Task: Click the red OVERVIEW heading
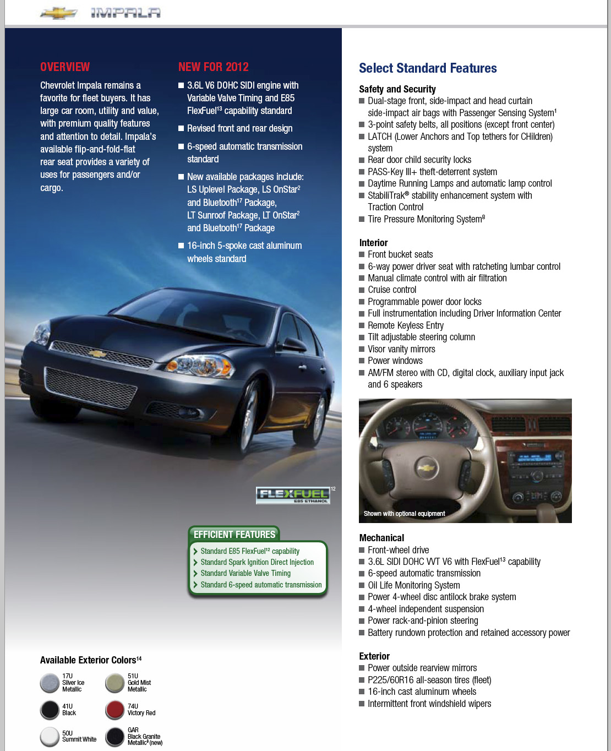pyautogui.click(x=65, y=67)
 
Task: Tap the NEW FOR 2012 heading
pyautogui.click(x=213, y=67)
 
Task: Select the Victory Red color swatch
pyautogui.click(x=115, y=710)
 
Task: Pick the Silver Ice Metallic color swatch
pyautogui.click(x=50, y=683)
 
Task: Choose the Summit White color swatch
pyautogui.click(x=50, y=736)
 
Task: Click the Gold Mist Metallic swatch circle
pyautogui.click(x=115, y=683)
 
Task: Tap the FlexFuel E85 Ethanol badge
pyautogui.click(x=293, y=495)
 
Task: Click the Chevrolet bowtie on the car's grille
pyautogui.click(x=97, y=353)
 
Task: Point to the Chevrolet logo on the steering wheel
pyautogui.click(x=426, y=468)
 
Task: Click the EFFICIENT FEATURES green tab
pyautogui.click(x=234, y=534)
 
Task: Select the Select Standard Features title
pyautogui.click(x=428, y=68)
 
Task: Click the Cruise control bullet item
pyautogui.click(x=392, y=290)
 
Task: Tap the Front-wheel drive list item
pyautogui.click(x=398, y=550)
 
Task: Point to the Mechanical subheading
pyautogui.click(x=381, y=538)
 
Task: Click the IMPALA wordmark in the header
pyautogui.click(x=126, y=13)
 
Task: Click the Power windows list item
pyautogui.click(x=395, y=361)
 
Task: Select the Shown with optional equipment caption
pyautogui.click(x=404, y=514)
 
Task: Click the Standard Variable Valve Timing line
pyautogui.click(x=246, y=573)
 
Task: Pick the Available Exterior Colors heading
pyautogui.click(x=91, y=660)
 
